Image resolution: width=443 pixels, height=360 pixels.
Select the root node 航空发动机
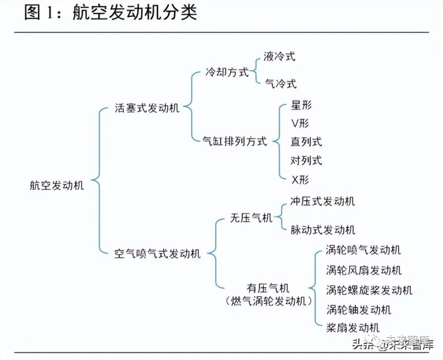point(56,185)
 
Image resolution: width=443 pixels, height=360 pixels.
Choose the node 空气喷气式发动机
point(157,254)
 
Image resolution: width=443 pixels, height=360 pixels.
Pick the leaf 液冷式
point(279,56)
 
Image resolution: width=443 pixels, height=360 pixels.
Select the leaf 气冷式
point(279,84)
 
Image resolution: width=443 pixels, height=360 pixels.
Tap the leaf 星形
point(301,105)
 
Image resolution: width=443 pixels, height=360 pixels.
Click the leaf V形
point(301,123)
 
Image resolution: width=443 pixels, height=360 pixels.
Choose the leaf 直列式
point(306,142)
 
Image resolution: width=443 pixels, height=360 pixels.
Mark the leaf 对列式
point(306,160)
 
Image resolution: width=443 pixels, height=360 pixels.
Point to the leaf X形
point(301,179)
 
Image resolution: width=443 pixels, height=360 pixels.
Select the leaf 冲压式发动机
point(323,202)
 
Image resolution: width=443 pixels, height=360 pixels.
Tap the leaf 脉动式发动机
point(323,230)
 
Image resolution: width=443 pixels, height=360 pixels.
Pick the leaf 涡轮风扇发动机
point(364,270)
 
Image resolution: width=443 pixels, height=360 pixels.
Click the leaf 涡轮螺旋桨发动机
point(370,290)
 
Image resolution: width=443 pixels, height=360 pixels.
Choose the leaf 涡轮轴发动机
point(359,309)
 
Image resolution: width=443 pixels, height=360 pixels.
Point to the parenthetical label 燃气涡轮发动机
point(269,301)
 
